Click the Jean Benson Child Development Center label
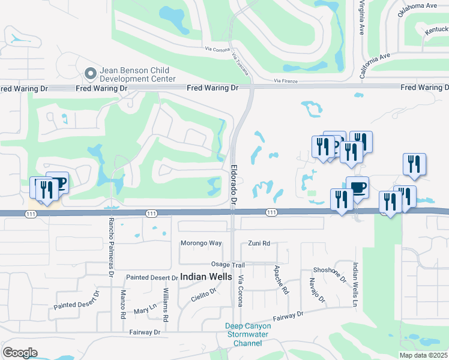137,74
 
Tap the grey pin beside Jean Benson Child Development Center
91,74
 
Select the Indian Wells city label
205,277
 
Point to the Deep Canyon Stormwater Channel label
248,335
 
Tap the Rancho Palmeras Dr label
111,246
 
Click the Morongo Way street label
202,243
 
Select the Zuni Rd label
259,243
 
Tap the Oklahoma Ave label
418,6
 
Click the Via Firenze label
286,80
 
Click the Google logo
20,353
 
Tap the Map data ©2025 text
423,355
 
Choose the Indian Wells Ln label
355,285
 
